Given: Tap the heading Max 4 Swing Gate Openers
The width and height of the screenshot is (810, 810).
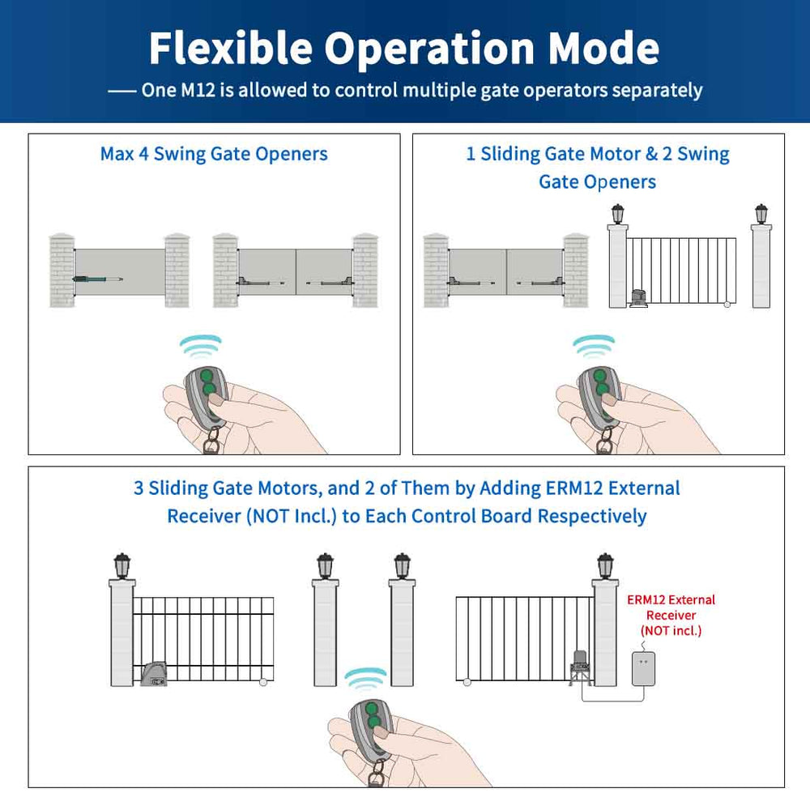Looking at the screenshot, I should click(x=214, y=154).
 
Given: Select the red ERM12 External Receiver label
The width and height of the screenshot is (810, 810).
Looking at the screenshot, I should click(x=671, y=615).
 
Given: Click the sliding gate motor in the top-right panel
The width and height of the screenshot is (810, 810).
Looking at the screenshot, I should click(x=641, y=299).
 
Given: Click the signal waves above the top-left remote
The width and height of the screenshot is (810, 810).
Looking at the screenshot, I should click(x=200, y=347).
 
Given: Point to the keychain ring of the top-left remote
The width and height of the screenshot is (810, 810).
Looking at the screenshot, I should click(x=212, y=441).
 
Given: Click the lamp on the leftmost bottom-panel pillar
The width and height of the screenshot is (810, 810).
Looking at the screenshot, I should click(x=122, y=565).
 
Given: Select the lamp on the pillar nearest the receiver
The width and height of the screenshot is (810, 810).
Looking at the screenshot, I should click(x=604, y=565).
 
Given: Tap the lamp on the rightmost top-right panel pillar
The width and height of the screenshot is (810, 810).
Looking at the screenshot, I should click(x=761, y=213).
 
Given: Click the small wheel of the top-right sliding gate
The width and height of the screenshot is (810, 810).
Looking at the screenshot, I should click(x=727, y=305).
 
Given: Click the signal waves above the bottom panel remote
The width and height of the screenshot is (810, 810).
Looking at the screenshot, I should click(x=365, y=677).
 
